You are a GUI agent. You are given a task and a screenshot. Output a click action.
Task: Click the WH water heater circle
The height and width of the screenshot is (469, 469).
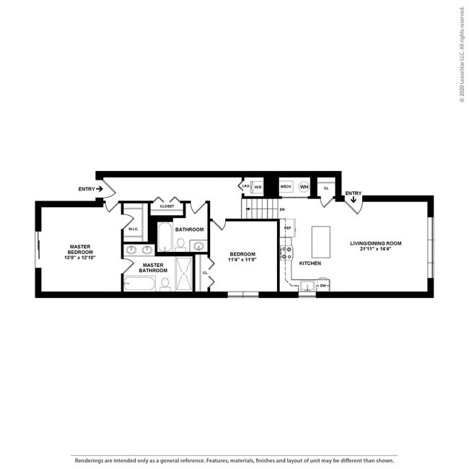coord(304,187)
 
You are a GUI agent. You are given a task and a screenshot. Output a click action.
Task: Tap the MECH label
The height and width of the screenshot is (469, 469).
coord(286,187)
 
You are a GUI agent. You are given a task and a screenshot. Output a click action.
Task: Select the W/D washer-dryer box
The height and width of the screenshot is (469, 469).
coord(258,187)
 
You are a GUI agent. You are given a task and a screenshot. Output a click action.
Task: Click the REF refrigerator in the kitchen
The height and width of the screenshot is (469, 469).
coord(287,228)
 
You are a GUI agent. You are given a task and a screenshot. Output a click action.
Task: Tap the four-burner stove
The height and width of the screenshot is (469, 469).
coord(287,253)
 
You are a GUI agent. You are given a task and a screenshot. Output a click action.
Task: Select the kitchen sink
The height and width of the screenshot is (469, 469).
coord(307,288)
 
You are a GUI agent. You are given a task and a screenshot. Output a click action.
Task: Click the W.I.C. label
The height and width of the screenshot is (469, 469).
coord(133,229)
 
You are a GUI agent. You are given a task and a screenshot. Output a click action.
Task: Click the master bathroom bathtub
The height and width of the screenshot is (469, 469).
coord(139,284)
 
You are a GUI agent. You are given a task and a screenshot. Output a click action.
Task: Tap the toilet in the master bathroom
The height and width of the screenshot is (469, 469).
coord(165,284)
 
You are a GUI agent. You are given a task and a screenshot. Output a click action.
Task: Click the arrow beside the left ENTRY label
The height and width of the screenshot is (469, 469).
coord(100,189)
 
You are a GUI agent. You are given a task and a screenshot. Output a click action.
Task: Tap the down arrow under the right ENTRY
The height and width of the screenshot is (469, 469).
coord(353,201)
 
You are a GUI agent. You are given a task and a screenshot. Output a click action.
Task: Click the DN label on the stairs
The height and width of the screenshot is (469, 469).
coord(282,210)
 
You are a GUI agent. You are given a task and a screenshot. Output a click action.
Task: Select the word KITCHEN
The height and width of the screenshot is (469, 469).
coord(310,263)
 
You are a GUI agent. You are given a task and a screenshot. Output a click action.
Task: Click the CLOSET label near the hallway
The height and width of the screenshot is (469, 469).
coord(167,206)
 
